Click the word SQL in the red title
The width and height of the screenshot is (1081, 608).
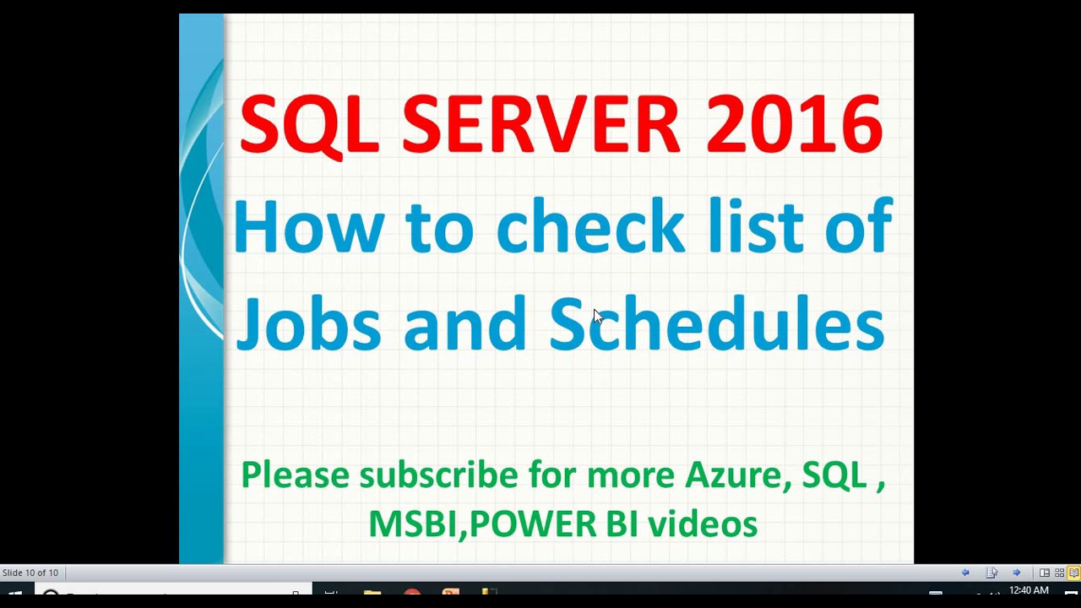(309, 126)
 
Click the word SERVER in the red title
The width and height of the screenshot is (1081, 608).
(541, 124)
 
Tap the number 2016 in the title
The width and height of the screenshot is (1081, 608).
(795, 124)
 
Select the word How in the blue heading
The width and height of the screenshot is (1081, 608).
(309, 226)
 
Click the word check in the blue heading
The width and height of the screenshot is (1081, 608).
(590, 225)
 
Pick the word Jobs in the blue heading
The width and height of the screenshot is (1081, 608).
(309, 323)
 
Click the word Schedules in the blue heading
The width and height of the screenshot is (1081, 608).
(717, 323)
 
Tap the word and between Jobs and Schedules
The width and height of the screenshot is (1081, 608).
(464, 323)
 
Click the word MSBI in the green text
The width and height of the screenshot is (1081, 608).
(413, 524)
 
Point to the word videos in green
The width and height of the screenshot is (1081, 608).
(703, 523)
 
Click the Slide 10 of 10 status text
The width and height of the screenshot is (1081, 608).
(30, 573)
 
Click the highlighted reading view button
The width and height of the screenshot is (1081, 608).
(1073, 573)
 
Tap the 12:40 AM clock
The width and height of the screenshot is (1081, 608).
(1029, 590)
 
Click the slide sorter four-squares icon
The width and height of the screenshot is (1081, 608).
(1059, 573)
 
